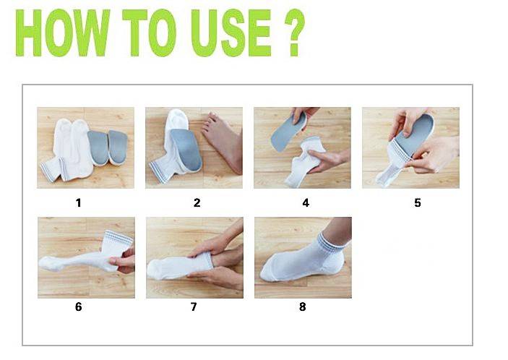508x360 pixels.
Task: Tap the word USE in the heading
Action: pyautogui.click(x=231, y=33)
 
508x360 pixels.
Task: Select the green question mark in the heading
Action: pyautogui.click(x=295, y=33)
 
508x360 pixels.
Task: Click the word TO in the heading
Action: pyautogui.click(x=150, y=33)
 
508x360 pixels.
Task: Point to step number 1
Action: pyautogui.click(x=78, y=203)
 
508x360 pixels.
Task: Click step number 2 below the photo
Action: pyautogui.click(x=197, y=203)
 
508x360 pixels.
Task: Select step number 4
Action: pyautogui.click(x=306, y=203)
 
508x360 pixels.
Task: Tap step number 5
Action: pyautogui.click(x=418, y=203)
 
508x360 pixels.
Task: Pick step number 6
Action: pyautogui.click(x=78, y=307)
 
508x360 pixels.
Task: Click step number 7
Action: pyautogui.click(x=194, y=307)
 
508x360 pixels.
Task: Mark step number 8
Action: pyautogui.click(x=303, y=307)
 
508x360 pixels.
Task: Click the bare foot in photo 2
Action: pyautogui.click(x=223, y=141)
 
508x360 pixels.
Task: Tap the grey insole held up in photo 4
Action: pyautogui.click(x=288, y=132)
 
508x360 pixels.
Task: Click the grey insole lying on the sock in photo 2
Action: pyautogui.click(x=186, y=149)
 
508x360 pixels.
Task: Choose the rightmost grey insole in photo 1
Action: pyautogui.click(x=118, y=147)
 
